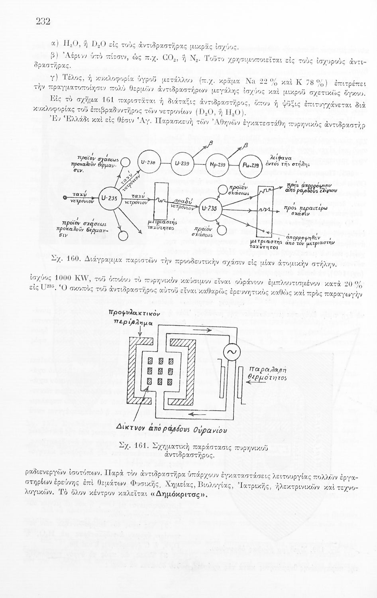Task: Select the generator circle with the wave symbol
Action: pyautogui.click(x=230, y=351)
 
